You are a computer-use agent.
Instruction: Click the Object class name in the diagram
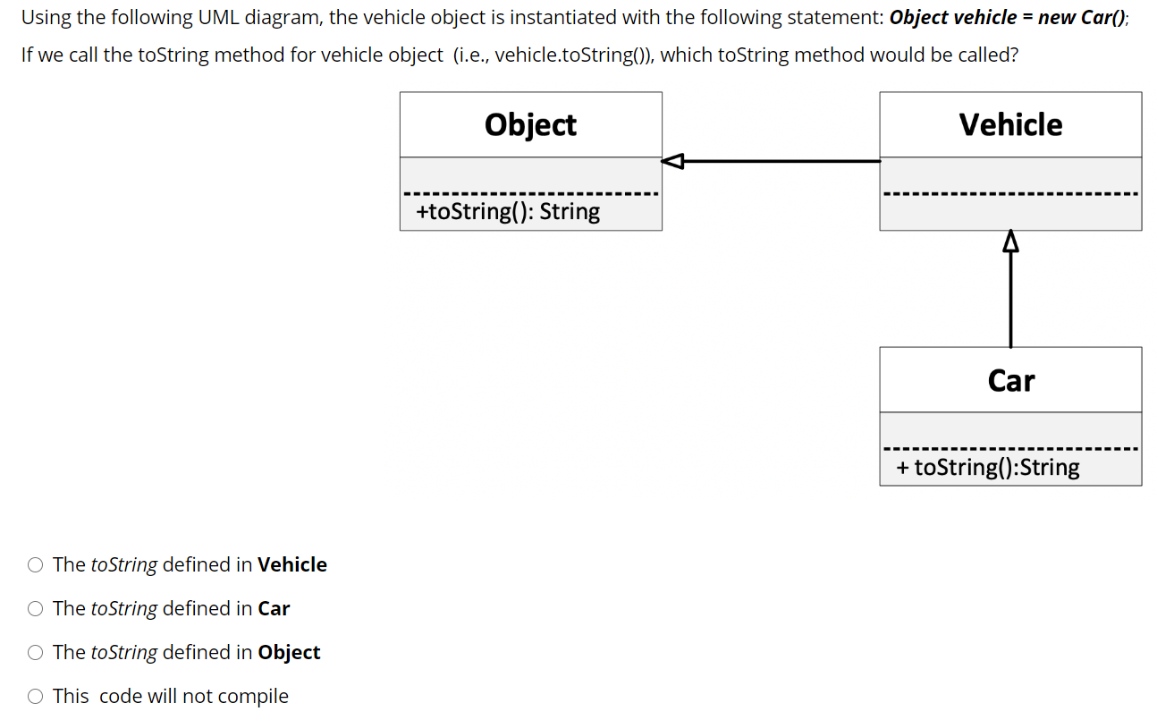[530, 124]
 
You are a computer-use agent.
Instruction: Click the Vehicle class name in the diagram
[1010, 124]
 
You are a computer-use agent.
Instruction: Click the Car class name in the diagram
[1010, 380]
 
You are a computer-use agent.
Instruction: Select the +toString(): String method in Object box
[508, 212]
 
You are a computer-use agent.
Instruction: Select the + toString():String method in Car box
[988, 467]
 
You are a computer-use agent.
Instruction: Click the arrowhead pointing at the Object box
[672, 161]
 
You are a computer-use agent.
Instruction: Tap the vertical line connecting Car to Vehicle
[1010, 300]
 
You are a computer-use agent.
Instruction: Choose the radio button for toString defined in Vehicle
[35, 564]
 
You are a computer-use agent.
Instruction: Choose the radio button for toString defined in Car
[35, 608]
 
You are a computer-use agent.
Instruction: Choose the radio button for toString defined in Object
[35, 652]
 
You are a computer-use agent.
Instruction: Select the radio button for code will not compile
[35, 696]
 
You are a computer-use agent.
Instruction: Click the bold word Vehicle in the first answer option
[292, 564]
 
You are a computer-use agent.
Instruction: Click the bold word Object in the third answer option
[289, 652]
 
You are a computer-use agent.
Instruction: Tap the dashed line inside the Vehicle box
[1010, 194]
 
